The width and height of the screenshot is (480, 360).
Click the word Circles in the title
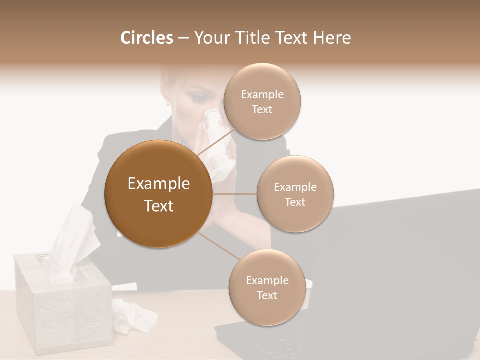coord(146,38)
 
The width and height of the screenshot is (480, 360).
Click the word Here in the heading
coord(332,38)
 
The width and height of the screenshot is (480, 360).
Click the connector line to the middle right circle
coord(234,194)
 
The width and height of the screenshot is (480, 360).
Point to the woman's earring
coord(168,103)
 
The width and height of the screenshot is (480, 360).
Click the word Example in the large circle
coord(159,184)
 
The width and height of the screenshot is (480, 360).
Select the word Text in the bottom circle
coord(267,295)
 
